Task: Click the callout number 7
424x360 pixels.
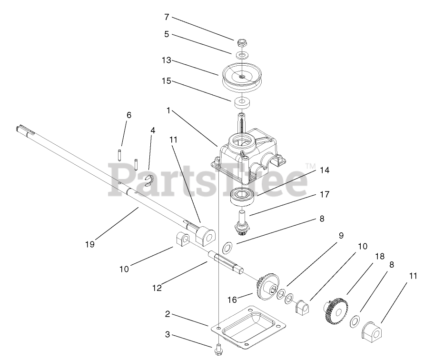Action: [x=167, y=17]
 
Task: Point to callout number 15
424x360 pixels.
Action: [x=167, y=81]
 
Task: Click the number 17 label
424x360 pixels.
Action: [x=325, y=194]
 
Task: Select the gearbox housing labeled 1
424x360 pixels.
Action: [x=250, y=152]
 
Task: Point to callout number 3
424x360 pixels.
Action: [x=167, y=335]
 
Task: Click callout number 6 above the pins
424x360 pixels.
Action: [x=129, y=115]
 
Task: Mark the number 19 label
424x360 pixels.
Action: [x=90, y=244]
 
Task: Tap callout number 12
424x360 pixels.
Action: [x=157, y=288]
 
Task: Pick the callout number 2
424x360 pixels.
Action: [x=167, y=314]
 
